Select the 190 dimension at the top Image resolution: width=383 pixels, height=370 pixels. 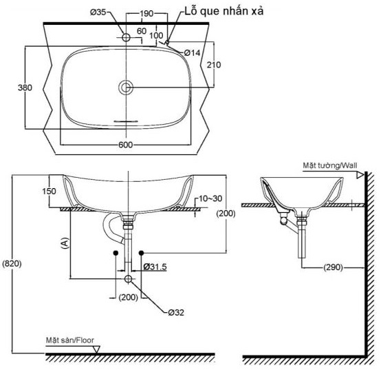pyautogui.click(x=146, y=14)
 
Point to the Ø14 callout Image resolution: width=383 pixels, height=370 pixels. pyautogui.click(x=192, y=53)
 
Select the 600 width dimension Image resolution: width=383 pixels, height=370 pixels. pyautogui.click(x=125, y=145)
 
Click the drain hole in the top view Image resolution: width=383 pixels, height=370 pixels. pyautogui.click(x=126, y=88)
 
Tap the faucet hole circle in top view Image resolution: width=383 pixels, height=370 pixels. pyautogui.click(x=126, y=37)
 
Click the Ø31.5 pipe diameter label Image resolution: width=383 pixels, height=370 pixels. pyautogui.click(x=156, y=266)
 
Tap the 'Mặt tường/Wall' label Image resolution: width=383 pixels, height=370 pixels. pyautogui.click(x=329, y=165)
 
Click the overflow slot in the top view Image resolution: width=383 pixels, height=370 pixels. pyautogui.click(x=126, y=119)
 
